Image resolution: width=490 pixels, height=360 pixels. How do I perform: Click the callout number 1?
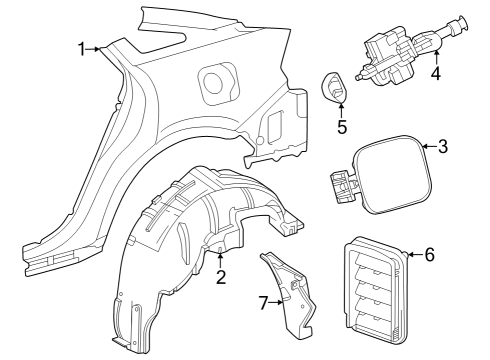pos(84,49)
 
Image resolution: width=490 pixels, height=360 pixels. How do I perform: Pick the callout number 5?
pos(342,127)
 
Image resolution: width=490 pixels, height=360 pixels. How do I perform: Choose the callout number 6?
pos(429,254)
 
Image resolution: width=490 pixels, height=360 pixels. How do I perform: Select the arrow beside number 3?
pos(425,147)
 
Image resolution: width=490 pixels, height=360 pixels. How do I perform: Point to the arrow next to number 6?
pos(412,254)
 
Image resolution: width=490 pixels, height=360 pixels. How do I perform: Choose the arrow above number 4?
pos(435,52)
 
